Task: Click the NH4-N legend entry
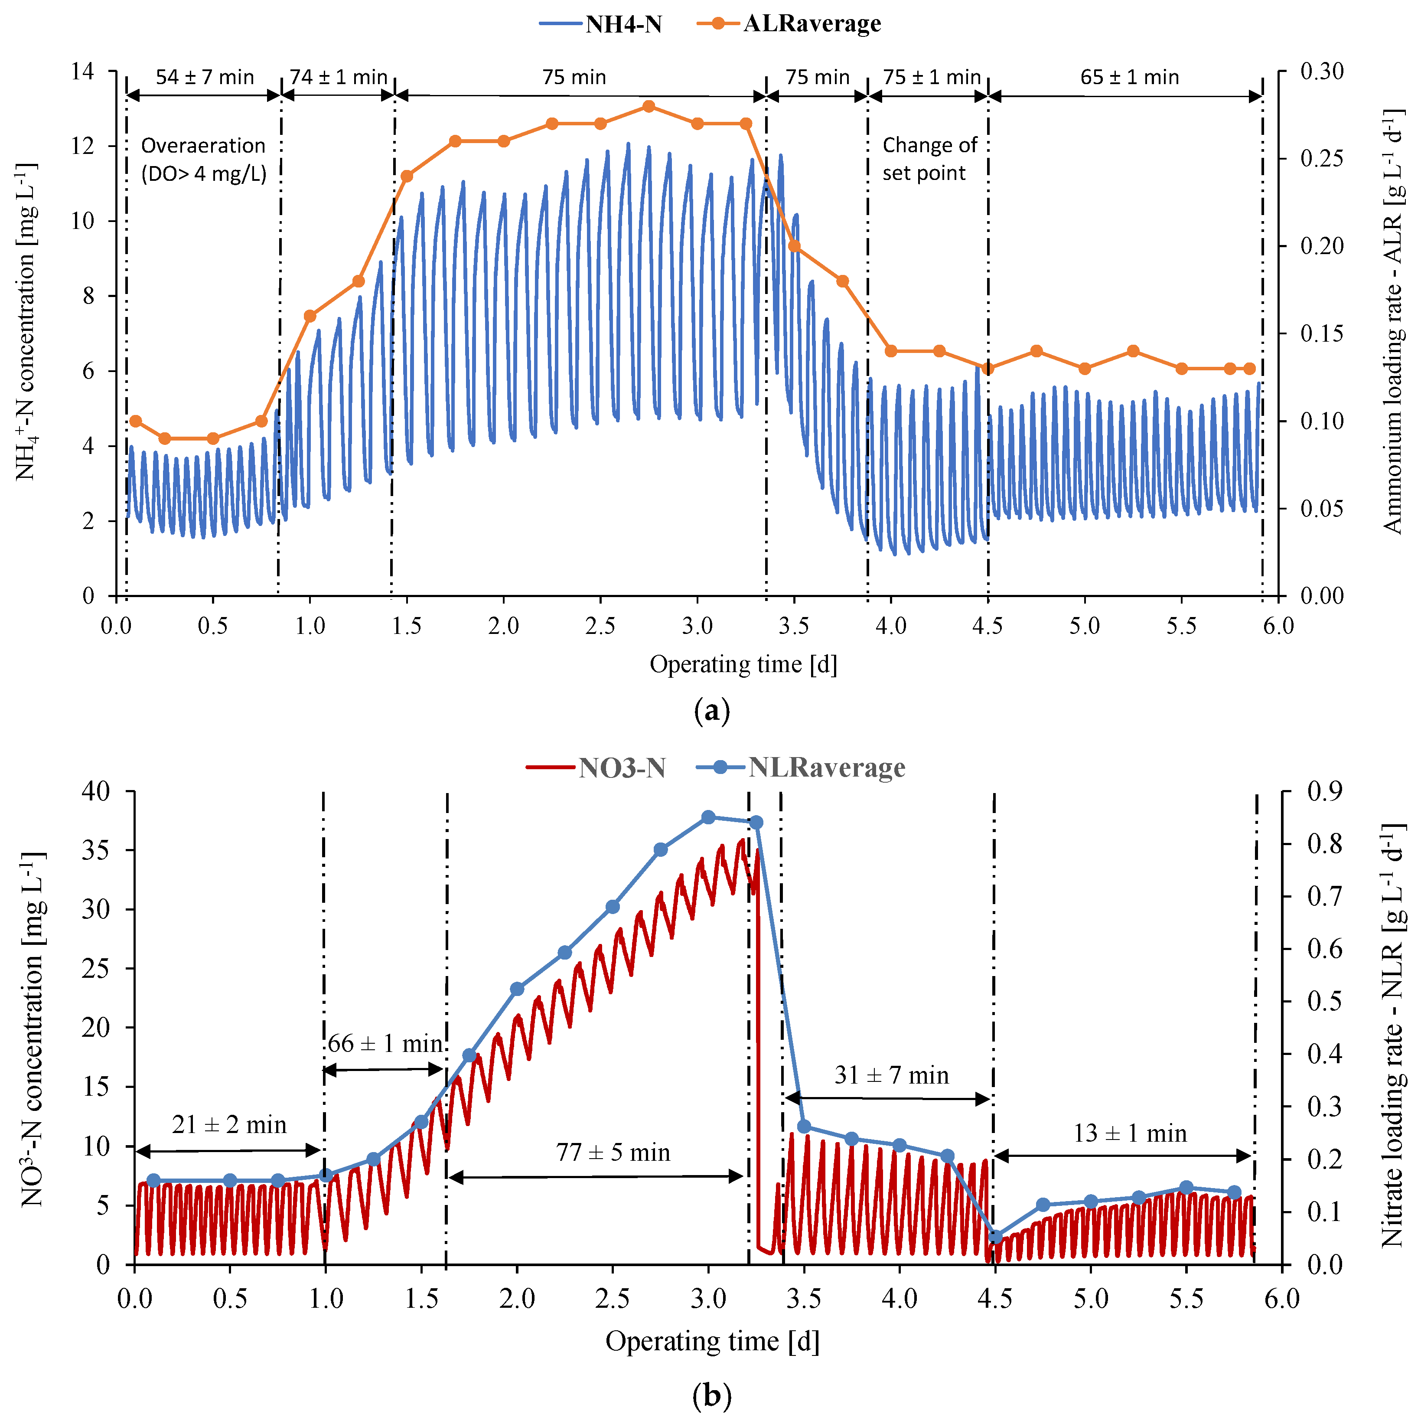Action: [602, 24]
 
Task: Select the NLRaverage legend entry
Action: [802, 768]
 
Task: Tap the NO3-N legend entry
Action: [597, 769]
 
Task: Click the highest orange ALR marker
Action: [649, 106]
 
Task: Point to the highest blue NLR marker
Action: [708, 817]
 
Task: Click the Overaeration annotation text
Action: [203, 159]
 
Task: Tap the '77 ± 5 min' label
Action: [613, 1152]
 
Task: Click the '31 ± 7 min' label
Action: [891, 1075]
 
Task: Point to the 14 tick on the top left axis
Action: [83, 72]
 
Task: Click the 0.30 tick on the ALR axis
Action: [1322, 72]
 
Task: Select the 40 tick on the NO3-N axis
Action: [96, 791]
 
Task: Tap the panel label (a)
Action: [712, 711]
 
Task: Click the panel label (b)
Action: [712, 1396]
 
